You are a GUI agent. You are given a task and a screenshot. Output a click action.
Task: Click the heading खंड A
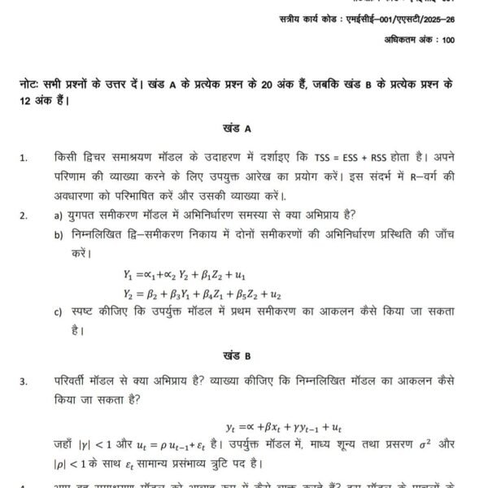pos(236,129)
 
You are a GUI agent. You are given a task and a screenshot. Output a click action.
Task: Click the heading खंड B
pos(236,355)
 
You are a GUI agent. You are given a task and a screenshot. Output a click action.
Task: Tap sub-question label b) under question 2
pos(58,235)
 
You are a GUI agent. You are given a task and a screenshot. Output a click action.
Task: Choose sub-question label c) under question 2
pos(58,312)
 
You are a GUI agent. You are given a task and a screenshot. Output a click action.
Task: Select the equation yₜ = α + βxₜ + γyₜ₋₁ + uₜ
pos(284,425)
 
